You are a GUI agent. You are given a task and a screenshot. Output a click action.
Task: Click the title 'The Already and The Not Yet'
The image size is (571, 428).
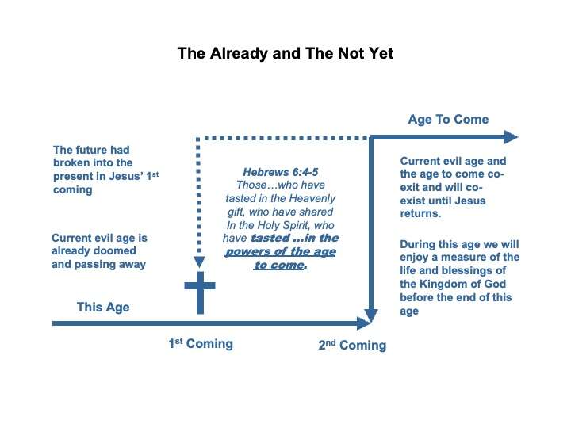[285, 54]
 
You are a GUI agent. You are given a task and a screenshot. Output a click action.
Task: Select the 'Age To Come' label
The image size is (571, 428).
[448, 120]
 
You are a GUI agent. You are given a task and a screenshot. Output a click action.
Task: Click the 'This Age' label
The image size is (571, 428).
[102, 307]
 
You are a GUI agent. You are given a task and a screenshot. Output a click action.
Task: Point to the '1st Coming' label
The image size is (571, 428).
[200, 344]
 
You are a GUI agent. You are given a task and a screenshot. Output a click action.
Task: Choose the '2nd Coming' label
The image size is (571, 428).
[352, 346]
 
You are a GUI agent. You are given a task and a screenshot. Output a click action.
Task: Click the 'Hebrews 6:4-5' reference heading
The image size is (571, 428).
[283, 170]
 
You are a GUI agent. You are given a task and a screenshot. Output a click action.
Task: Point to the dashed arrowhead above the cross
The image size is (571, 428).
[200, 262]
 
